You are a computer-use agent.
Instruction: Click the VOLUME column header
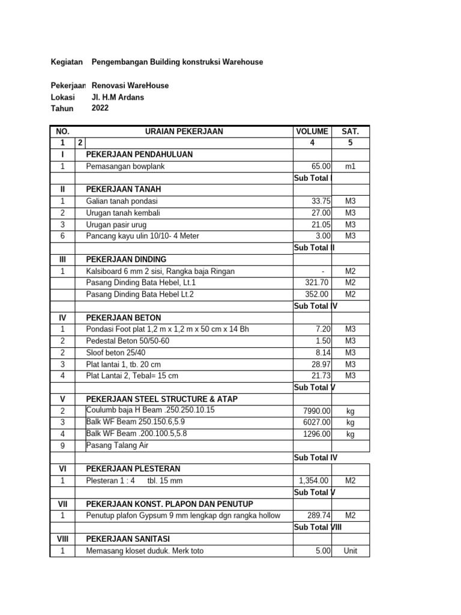(x=312, y=132)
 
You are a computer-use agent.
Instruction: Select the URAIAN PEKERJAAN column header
(x=182, y=132)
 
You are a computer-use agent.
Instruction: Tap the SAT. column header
(x=351, y=132)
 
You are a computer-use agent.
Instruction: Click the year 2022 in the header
(x=101, y=108)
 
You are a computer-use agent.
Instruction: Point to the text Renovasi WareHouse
(x=130, y=85)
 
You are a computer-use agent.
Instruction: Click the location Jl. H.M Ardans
(x=118, y=97)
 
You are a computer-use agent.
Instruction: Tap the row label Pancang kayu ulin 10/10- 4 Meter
(x=142, y=236)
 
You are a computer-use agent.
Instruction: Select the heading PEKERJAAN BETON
(x=124, y=317)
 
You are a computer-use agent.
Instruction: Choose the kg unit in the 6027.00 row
(x=351, y=422)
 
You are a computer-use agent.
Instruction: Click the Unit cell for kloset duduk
(x=351, y=551)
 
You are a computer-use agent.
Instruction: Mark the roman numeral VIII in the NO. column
(x=62, y=539)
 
